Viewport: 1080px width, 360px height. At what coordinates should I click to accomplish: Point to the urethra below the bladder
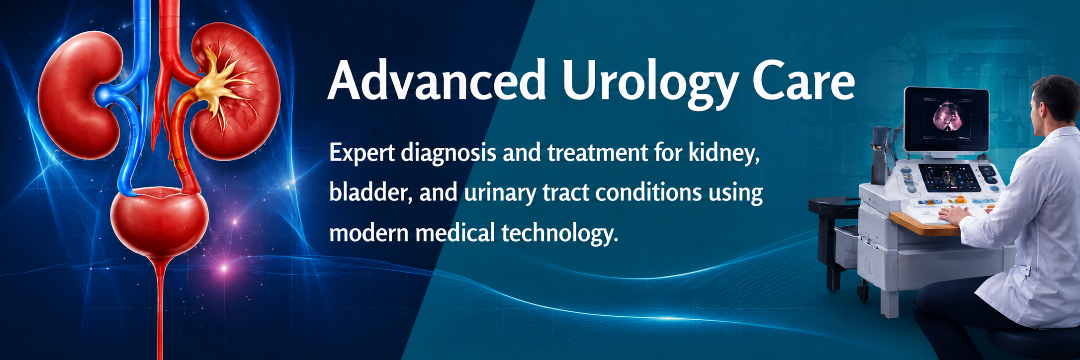[160, 308]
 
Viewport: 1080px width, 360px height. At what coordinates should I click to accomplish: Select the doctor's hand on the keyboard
[955, 215]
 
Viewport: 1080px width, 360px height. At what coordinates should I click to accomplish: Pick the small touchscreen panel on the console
[949, 178]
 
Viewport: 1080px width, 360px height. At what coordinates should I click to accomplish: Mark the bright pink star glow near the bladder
[224, 269]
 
